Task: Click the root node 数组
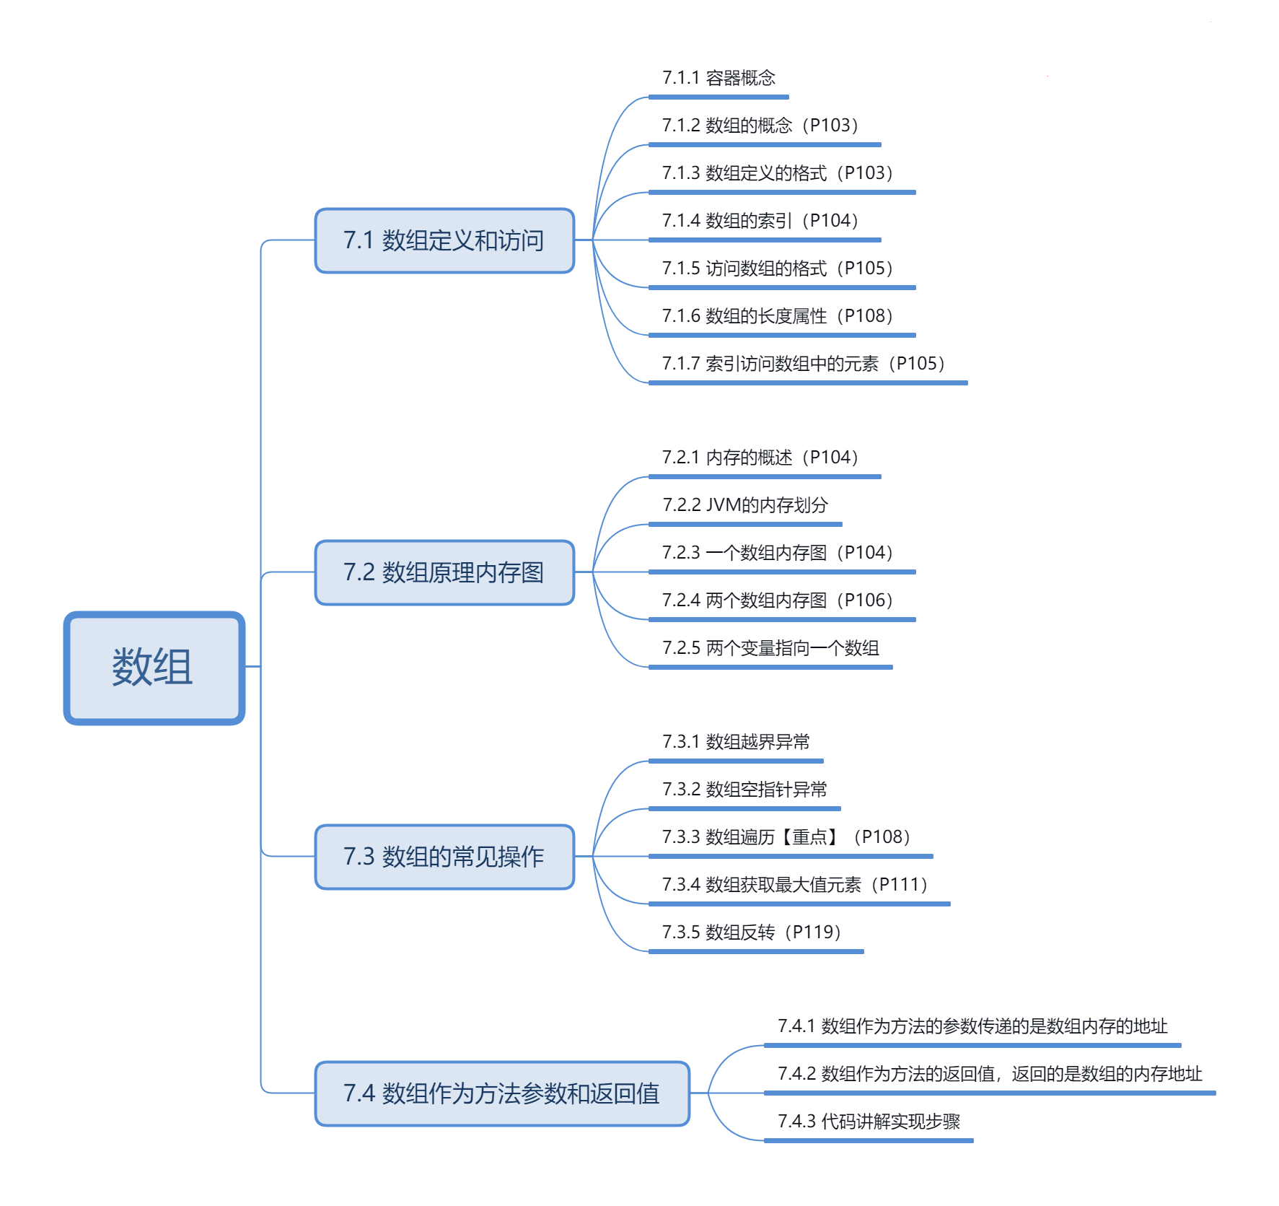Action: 154,668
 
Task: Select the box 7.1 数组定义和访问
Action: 444,240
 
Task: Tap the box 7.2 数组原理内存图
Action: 444,572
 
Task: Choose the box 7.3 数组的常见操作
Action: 444,857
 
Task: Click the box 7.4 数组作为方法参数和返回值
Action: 502,1093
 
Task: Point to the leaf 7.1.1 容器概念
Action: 718,78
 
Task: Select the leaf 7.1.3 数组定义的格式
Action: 778,173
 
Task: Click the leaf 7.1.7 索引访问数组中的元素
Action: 804,364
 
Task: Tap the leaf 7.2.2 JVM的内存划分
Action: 745,505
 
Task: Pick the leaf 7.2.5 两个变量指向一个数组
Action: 770,648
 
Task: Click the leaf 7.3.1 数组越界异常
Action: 736,742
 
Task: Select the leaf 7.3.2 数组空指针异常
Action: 744,790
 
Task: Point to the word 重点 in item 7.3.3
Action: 809,837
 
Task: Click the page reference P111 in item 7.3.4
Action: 899,885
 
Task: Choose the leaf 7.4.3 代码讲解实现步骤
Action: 869,1122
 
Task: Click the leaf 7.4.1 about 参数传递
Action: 972,1026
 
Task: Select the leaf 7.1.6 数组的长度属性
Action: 778,316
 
